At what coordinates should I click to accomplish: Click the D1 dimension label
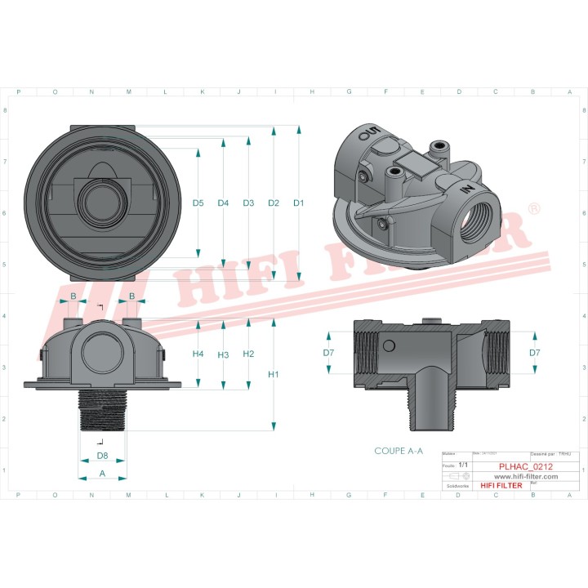[299, 203]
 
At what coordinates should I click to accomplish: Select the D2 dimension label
[274, 203]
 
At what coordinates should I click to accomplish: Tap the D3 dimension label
[248, 203]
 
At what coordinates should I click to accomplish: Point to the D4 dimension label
[223, 203]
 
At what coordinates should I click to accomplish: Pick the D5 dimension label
[198, 203]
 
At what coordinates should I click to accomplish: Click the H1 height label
[274, 375]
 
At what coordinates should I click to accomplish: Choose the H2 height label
[248, 354]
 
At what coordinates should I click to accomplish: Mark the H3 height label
[223, 354]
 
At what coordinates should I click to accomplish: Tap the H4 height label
[198, 354]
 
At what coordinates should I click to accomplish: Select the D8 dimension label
[102, 455]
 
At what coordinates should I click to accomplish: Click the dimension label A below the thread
[102, 473]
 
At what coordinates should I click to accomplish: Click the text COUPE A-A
[399, 451]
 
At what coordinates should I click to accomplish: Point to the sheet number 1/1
[463, 465]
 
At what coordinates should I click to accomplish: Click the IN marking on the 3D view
[466, 189]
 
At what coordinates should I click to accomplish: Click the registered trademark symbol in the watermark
[533, 210]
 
